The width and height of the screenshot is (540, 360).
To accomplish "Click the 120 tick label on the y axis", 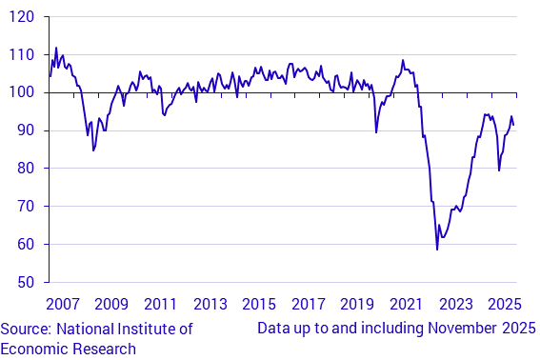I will (x=22, y=17).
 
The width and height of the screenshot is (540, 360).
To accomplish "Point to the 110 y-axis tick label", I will (x=22, y=55).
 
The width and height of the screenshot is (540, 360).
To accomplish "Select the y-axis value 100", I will (x=22, y=93).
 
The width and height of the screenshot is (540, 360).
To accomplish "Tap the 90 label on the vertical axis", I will (x=26, y=130).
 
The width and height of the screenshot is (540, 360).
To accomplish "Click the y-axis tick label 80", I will (x=26, y=169).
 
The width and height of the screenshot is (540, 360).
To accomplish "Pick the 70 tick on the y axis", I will (x=26, y=207).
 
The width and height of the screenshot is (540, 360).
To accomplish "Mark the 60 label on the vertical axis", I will (x=26, y=245).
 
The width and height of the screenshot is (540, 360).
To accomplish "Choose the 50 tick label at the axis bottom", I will (x=26, y=282).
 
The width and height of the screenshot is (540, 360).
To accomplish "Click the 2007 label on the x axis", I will (x=63, y=305).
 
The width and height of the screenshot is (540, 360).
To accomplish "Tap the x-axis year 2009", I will (x=111, y=305).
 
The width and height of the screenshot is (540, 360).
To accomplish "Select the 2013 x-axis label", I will (x=210, y=305).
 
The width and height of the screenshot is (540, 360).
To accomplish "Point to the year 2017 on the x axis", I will (x=308, y=305).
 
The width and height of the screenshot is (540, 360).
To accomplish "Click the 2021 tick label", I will (x=407, y=305).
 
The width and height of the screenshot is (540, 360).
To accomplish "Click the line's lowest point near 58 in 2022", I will (x=437, y=250).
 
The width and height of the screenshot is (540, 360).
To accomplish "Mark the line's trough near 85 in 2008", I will (x=93, y=150).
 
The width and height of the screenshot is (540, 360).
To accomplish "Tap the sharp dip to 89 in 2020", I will (x=376, y=131).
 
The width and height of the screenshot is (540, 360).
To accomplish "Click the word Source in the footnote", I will (x=27, y=329).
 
